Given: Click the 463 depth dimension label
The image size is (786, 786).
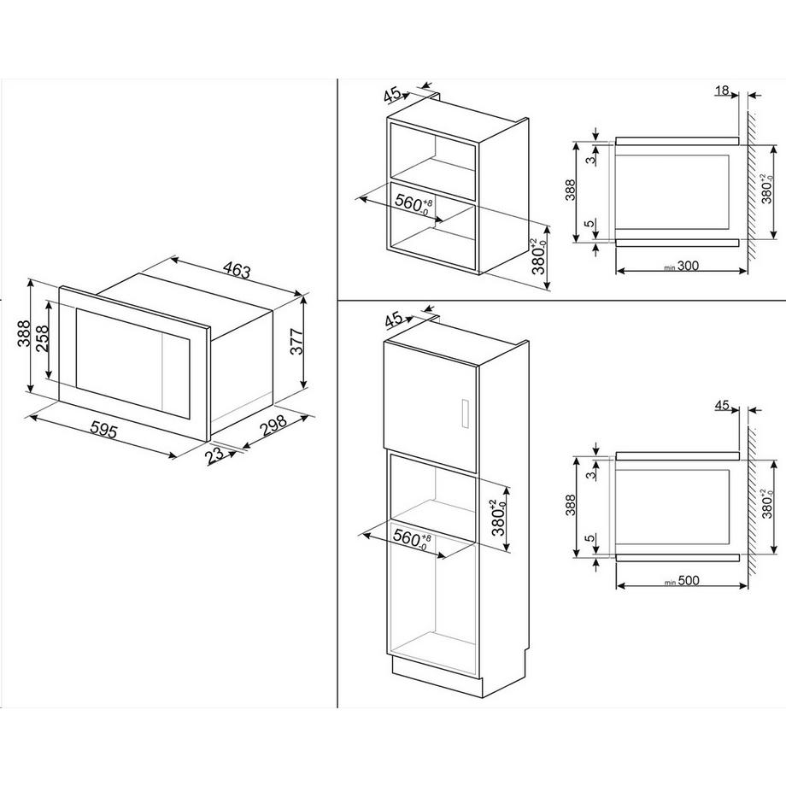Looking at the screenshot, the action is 236,270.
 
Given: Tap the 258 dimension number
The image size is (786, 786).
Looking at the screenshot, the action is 42,339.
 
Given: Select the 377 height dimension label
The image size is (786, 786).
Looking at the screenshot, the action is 296,342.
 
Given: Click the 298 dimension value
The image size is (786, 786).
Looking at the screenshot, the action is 274,426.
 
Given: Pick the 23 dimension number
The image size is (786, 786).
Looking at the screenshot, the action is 214,455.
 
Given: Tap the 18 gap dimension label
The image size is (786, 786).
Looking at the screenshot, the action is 722,91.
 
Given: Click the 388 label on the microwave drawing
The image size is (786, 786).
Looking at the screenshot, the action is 24,333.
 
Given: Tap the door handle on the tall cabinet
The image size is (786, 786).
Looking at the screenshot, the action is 464,414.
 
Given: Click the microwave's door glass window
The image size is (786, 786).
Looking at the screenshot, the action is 132,362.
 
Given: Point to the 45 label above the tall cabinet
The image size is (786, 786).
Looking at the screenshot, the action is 394,319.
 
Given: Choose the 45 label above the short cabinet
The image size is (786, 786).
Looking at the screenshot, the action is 392,94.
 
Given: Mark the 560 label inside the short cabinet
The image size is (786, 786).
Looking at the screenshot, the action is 413,203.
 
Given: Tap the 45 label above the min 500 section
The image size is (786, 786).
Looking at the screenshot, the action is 722,404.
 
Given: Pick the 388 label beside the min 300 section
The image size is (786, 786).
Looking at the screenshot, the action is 571,191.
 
